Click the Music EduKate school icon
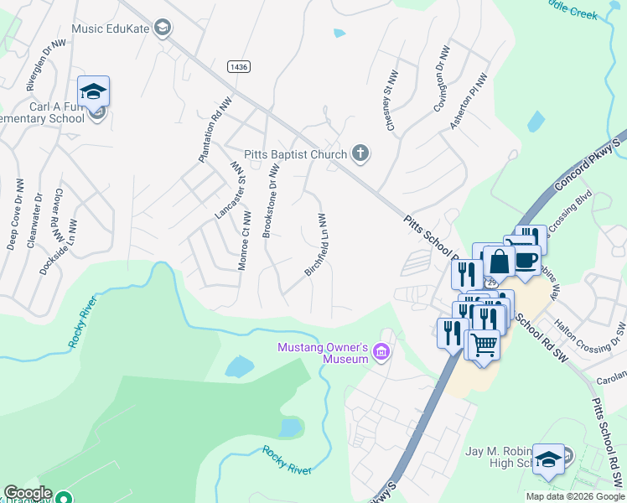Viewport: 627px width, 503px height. [163, 29]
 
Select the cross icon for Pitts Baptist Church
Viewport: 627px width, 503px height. [360, 153]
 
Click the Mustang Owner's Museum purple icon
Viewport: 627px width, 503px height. [382, 351]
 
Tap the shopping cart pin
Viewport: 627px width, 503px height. [484, 342]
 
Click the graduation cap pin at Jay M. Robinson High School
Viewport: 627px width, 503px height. [548, 459]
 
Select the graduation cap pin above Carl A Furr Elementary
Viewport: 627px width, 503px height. [94, 91]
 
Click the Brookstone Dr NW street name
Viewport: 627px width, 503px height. [270, 201]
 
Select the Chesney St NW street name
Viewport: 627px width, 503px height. [390, 104]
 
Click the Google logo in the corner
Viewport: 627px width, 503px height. [28, 493]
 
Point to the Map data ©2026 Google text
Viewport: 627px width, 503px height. [575, 496]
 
